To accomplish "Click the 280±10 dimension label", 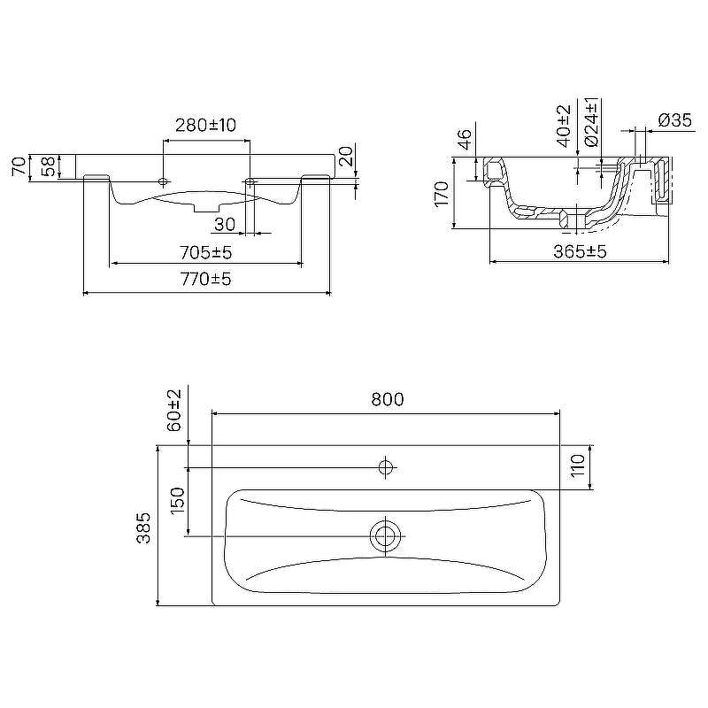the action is pyautogui.click(x=205, y=125).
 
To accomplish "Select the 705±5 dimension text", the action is pyautogui.click(x=206, y=252).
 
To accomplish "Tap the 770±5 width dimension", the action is pyautogui.click(x=206, y=279).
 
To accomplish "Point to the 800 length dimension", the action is pyautogui.click(x=388, y=399).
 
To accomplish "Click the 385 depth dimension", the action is pyautogui.click(x=143, y=527).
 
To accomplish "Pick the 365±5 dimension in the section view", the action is pyautogui.click(x=581, y=251).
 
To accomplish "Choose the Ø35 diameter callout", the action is pyautogui.click(x=675, y=120).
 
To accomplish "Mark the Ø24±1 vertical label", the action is pyautogui.click(x=591, y=122).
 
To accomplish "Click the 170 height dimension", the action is pyautogui.click(x=441, y=194).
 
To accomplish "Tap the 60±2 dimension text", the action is pyautogui.click(x=173, y=410).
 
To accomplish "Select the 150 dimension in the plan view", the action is pyautogui.click(x=178, y=499).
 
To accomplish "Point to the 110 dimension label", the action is pyautogui.click(x=578, y=466).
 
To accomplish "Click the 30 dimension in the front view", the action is pyautogui.click(x=225, y=224).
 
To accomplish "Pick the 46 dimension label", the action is pyautogui.click(x=465, y=140).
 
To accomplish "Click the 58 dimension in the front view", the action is pyautogui.click(x=49, y=166).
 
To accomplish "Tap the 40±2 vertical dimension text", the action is pyautogui.click(x=564, y=126).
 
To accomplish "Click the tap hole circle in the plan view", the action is pyautogui.click(x=385, y=467).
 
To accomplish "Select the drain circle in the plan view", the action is pyautogui.click(x=385, y=536).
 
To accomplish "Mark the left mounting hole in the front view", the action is pyautogui.click(x=163, y=182).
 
